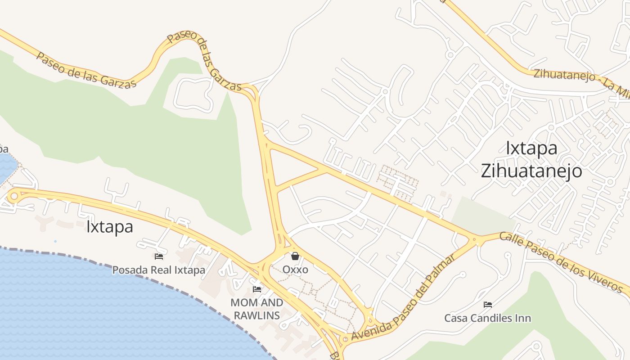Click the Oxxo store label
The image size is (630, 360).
tap(295, 270)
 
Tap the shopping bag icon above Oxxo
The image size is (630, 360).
tap(295, 256)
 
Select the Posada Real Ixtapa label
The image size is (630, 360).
tap(158, 270)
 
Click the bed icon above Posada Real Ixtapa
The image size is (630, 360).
tap(158, 256)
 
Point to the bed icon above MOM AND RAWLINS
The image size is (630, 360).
tap(257, 289)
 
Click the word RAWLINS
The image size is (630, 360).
tap(257, 315)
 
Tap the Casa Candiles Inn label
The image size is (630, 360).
tap(487, 318)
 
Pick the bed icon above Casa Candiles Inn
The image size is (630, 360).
tap(487, 305)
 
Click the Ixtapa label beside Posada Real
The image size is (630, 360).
tap(110, 227)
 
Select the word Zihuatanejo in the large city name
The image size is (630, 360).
tap(531, 171)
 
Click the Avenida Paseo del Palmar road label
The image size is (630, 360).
tap(403, 297)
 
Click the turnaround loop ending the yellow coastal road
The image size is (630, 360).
tap(14, 196)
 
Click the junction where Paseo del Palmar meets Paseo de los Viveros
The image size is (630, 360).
tap(475, 239)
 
